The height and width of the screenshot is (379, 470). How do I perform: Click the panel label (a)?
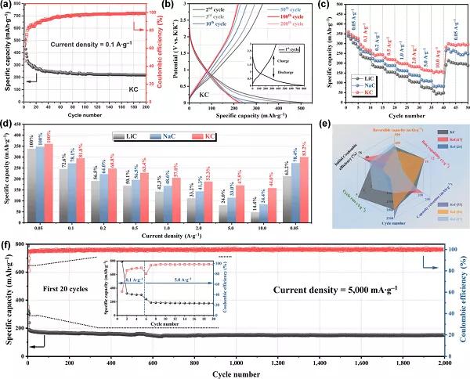click(6, 6)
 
